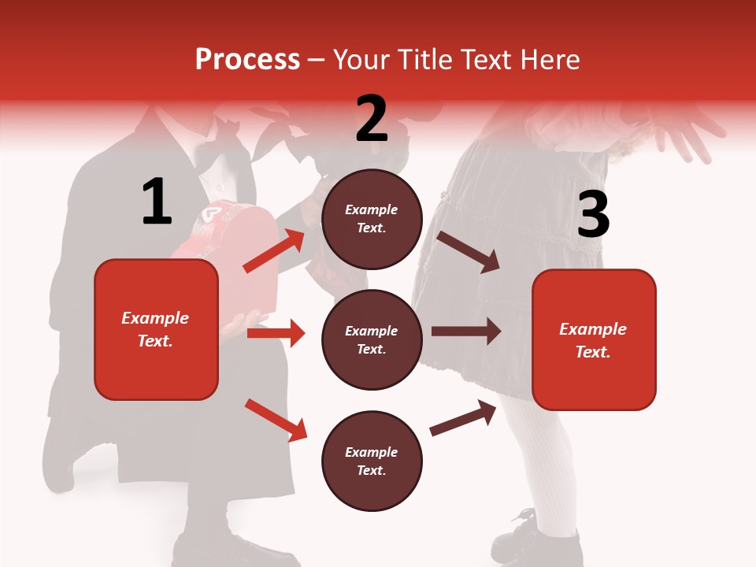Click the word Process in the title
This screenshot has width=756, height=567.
pos(247,60)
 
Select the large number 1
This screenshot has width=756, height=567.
pos(157,202)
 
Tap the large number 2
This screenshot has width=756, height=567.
pos(372,119)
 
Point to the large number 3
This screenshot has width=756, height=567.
pos(594,214)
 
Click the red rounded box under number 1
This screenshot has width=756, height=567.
pos(156,329)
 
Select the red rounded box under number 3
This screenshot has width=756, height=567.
pos(594,340)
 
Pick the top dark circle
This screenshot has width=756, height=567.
pos(372,219)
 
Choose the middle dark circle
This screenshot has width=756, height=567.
pos(372,339)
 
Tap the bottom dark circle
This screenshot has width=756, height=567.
pos(372,461)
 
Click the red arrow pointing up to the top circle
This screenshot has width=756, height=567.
pos(274,250)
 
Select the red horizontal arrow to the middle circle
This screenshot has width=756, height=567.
pos(276,333)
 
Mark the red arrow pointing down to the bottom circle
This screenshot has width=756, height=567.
pos(276,420)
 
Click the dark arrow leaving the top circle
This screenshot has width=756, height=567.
pos(469,251)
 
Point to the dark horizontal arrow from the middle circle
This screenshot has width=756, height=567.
pos(466,332)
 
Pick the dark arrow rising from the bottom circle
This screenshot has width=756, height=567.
pos(465,417)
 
